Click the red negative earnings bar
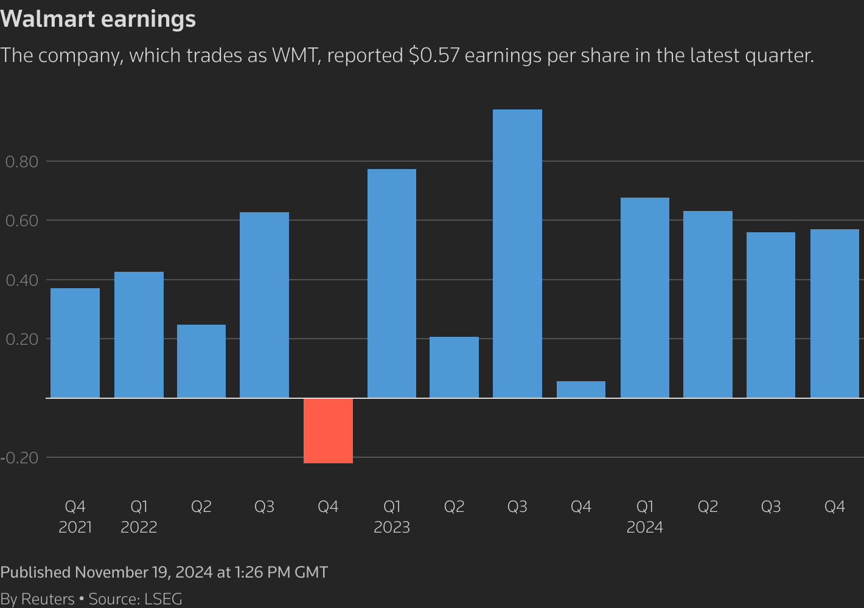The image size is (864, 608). (328, 430)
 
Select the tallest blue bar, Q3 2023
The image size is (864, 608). (517, 254)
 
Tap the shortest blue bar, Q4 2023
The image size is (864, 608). (581, 390)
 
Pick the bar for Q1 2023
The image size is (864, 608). (392, 283)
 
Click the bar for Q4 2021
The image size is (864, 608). (75, 343)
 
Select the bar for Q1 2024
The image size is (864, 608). (645, 298)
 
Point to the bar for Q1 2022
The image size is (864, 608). (139, 335)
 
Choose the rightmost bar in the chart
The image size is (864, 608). (835, 314)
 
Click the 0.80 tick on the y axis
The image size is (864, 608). (22, 162)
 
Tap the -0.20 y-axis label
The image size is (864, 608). (19, 458)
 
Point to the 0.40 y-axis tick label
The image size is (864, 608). (22, 280)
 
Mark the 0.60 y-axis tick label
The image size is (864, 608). (22, 221)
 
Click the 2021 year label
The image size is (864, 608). (75, 527)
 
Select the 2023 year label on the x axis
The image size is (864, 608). (392, 527)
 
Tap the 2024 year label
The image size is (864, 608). (645, 527)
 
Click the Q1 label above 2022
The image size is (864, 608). (139, 506)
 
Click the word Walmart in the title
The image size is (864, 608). (48, 19)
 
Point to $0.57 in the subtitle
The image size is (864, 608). (434, 55)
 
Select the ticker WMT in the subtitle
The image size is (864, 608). (295, 55)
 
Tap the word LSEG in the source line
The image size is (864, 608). (163, 599)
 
